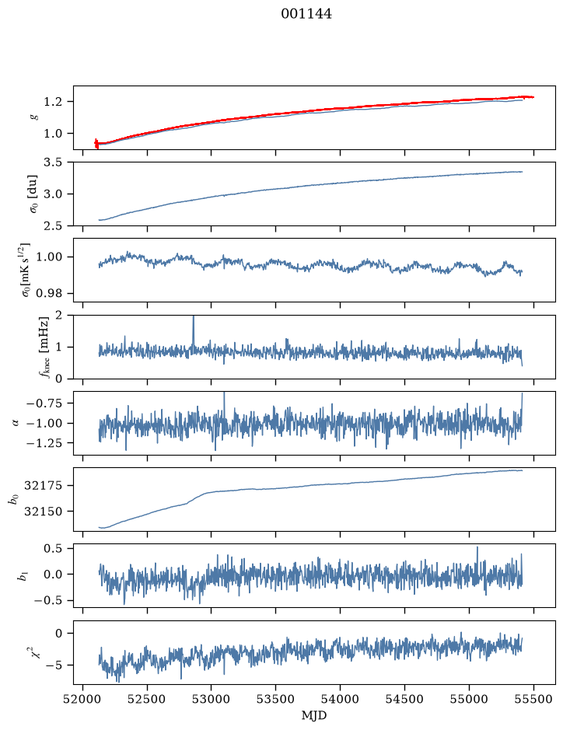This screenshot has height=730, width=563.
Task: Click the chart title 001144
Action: (x=306, y=14)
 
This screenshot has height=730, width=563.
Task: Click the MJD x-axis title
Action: (x=314, y=715)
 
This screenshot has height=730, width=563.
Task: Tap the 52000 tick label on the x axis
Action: (x=83, y=699)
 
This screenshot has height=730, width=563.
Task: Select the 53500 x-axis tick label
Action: (x=276, y=699)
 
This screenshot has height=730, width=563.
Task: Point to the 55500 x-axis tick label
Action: (x=533, y=699)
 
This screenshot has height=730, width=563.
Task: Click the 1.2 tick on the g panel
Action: (x=53, y=102)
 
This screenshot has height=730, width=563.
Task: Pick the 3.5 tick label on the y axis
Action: (x=53, y=162)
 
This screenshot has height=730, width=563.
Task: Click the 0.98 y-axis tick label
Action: (x=50, y=293)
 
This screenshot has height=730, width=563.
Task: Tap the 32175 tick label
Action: (x=43, y=486)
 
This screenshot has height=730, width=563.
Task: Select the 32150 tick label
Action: (x=43, y=512)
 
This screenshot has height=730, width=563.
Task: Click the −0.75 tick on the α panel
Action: (x=46, y=403)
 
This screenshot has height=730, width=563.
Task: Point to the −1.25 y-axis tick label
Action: (x=46, y=443)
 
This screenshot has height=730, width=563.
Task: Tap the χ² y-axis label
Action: (x=37, y=651)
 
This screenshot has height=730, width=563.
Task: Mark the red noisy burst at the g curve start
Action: (x=96, y=143)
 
